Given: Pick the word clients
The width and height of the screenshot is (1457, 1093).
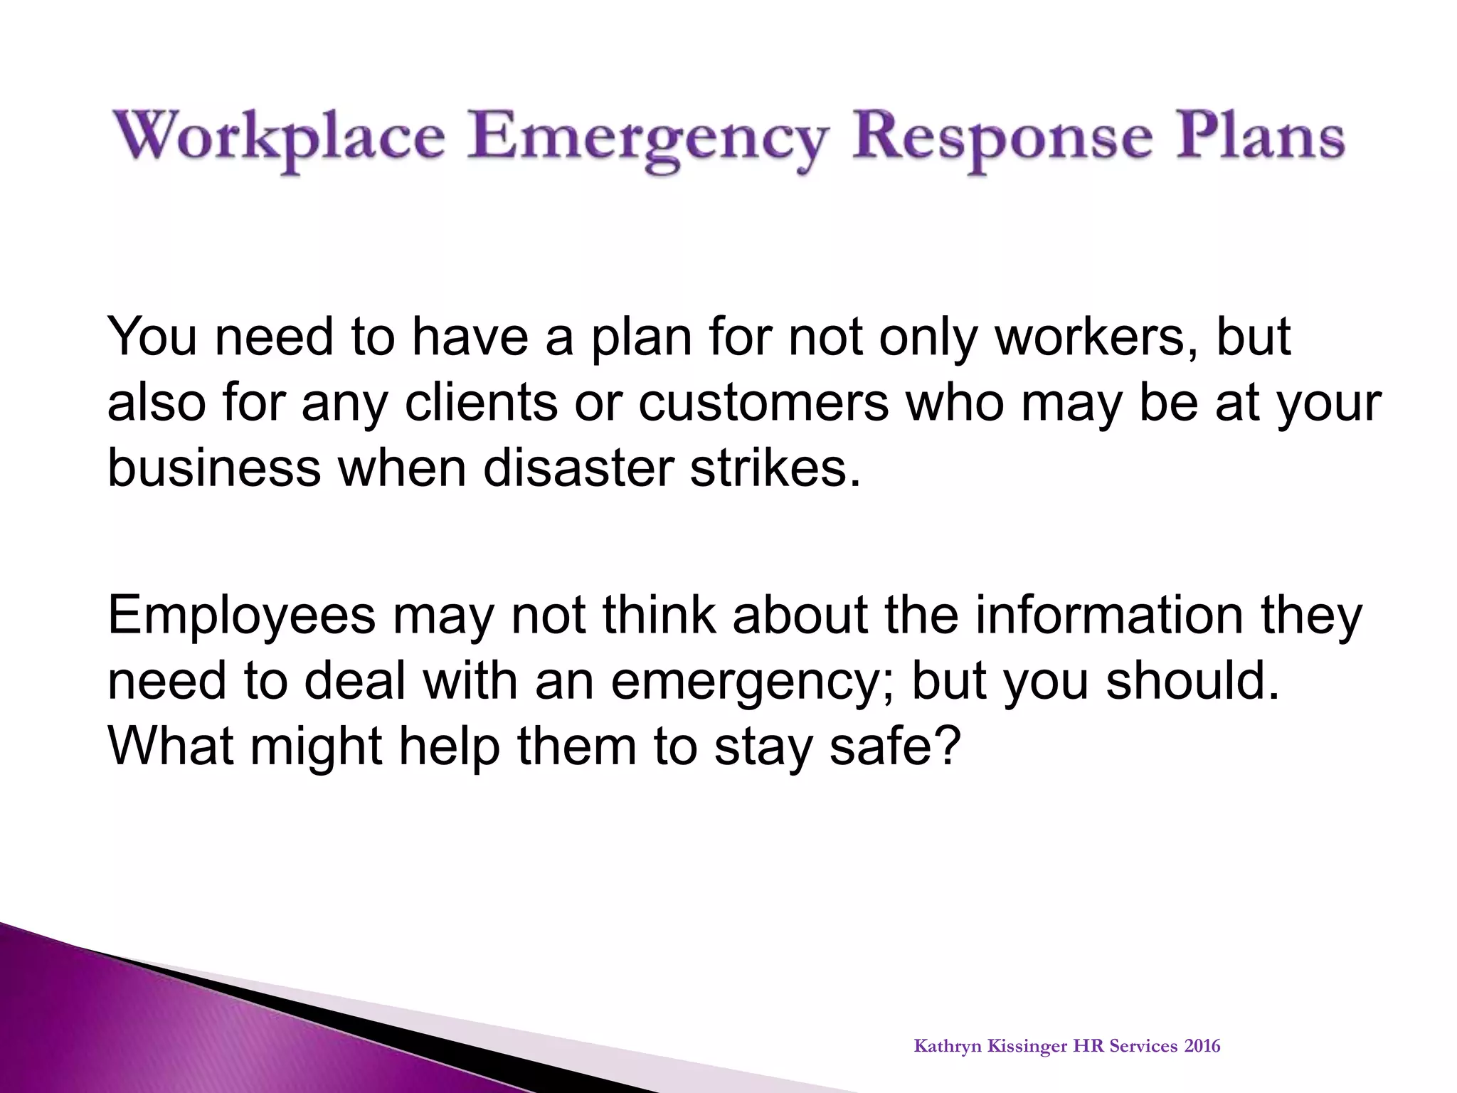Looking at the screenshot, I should (x=481, y=403).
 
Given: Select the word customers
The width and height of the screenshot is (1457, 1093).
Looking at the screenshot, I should (x=763, y=403).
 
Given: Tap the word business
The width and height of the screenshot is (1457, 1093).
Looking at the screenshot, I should (x=214, y=468).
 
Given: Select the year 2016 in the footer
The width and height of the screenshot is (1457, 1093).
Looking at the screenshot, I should (x=1202, y=1046).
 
